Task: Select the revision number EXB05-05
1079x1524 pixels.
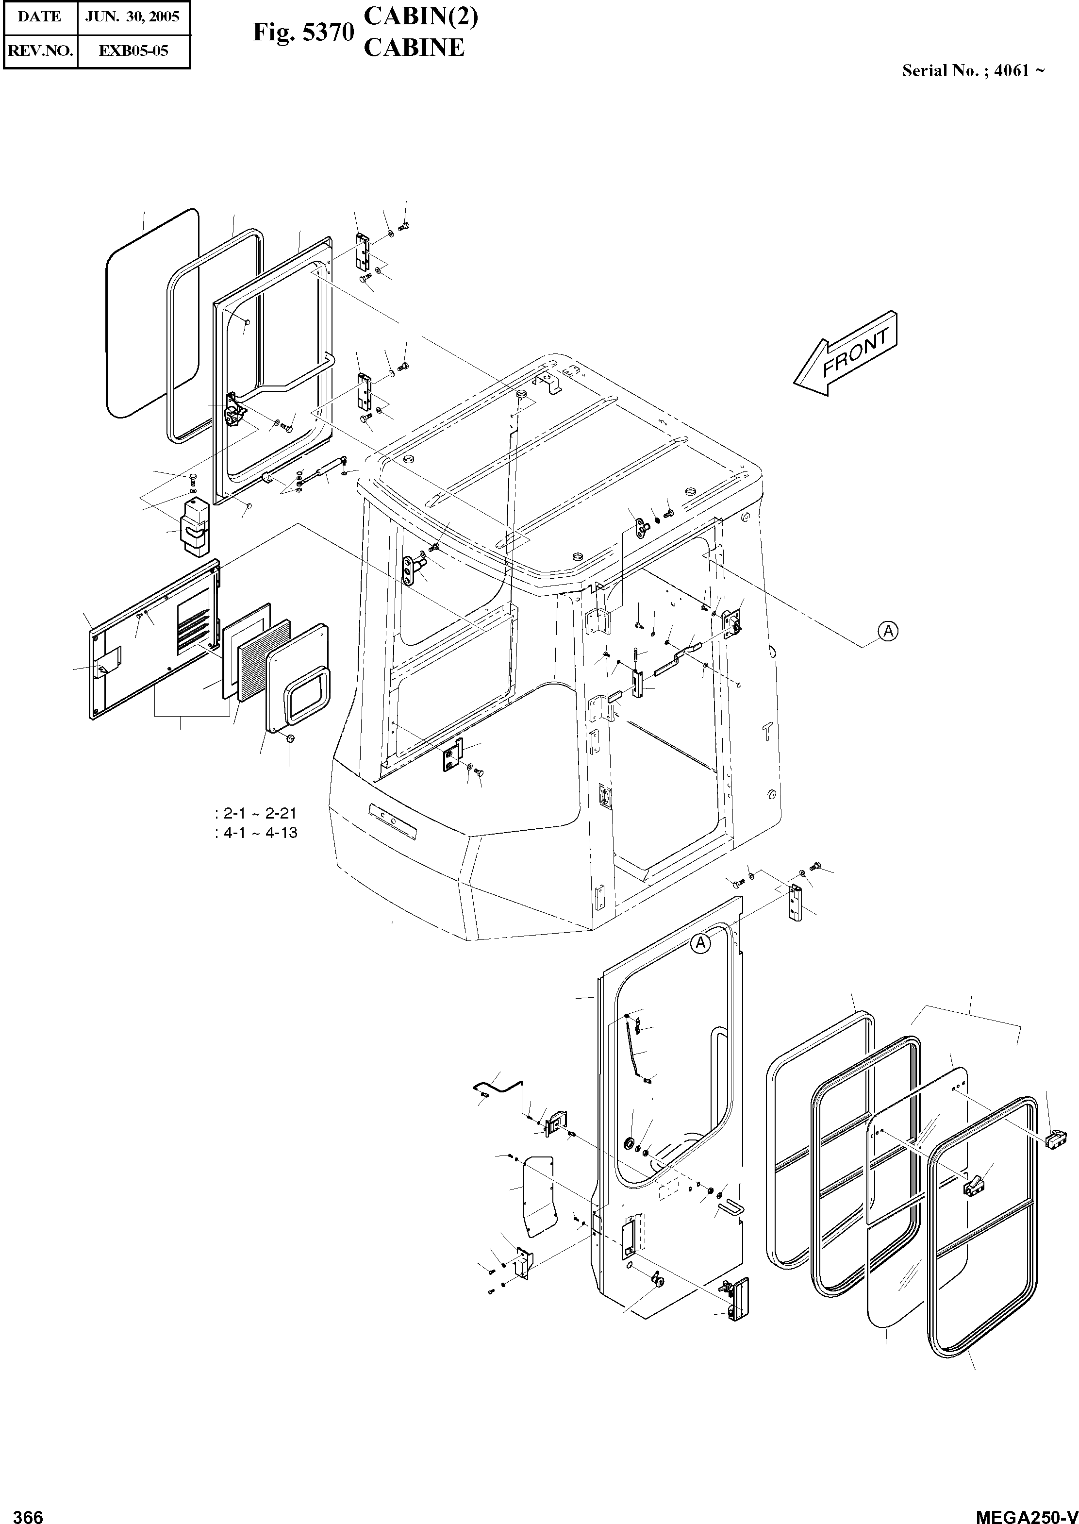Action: click(x=133, y=51)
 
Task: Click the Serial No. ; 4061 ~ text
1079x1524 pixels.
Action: click(x=973, y=71)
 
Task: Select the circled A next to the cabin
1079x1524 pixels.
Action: click(x=888, y=631)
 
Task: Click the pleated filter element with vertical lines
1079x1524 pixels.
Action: click(x=264, y=657)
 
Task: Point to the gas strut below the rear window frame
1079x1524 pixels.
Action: click(x=326, y=470)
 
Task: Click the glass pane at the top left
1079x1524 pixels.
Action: click(x=151, y=312)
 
